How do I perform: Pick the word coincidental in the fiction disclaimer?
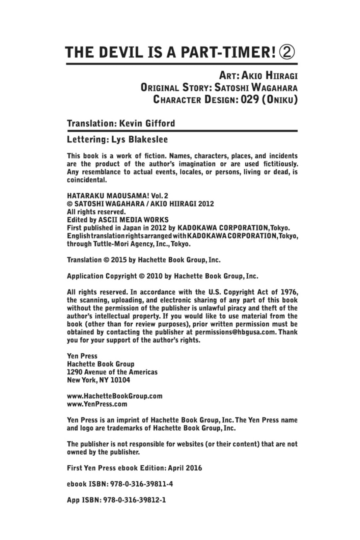pyautogui.click(x=87, y=180)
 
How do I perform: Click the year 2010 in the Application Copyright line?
pyautogui.click(x=155, y=276)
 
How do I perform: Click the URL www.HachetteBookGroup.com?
pyautogui.click(x=115, y=396)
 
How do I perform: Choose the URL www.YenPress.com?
pyautogui.click(x=97, y=404)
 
